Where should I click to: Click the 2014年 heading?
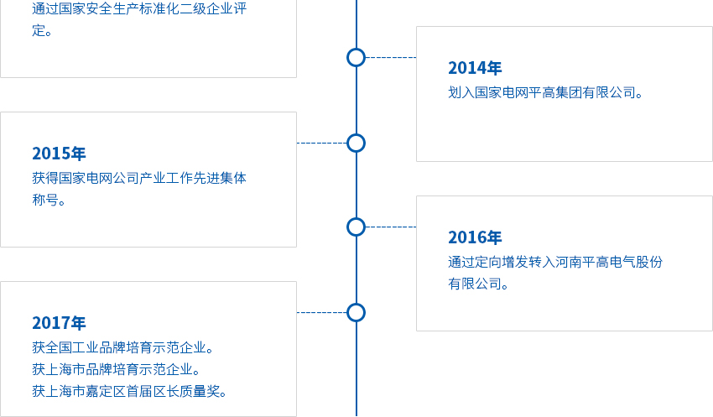click(x=475, y=69)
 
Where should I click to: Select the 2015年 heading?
click(x=59, y=154)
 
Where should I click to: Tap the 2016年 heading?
click(x=475, y=237)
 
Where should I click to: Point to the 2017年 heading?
click(x=59, y=323)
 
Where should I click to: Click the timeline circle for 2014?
click(x=356, y=57)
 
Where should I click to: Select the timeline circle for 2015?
click(x=356, y=143)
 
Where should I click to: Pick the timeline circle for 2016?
click(x=356, y=227)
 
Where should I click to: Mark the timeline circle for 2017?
click(x=356, y=312)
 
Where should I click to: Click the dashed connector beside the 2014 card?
click(x=391, y=57)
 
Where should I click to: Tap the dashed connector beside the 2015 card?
click(x=321, y=143)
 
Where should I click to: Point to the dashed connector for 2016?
click(x=391, y=227)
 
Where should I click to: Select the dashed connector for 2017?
click(x=321, y=312)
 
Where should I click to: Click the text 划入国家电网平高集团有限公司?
click(x=546, y=92)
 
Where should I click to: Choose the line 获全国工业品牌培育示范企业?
click(x=123, y=347)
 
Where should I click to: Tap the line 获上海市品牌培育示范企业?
click(x=117, y=369)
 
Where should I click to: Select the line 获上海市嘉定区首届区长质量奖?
click(x=130, y=391)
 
